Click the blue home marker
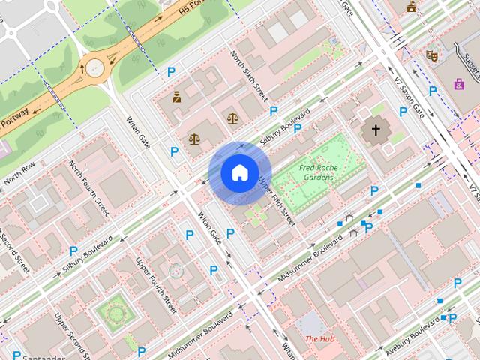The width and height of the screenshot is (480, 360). [x=238, y=173]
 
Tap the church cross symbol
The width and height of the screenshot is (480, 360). [x=374, y=132]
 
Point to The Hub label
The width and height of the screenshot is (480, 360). [x=319, y=339]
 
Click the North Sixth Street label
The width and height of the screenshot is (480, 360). [x=250, y=76]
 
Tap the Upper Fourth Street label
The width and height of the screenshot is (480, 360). [x=156, y=285]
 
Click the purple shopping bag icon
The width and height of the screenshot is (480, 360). [x=458, y=84]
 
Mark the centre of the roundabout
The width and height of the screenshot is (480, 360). [x=95, y=67]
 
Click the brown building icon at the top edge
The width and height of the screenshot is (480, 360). [x=411, y=7]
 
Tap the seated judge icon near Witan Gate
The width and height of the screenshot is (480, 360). [x=177, y=97]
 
